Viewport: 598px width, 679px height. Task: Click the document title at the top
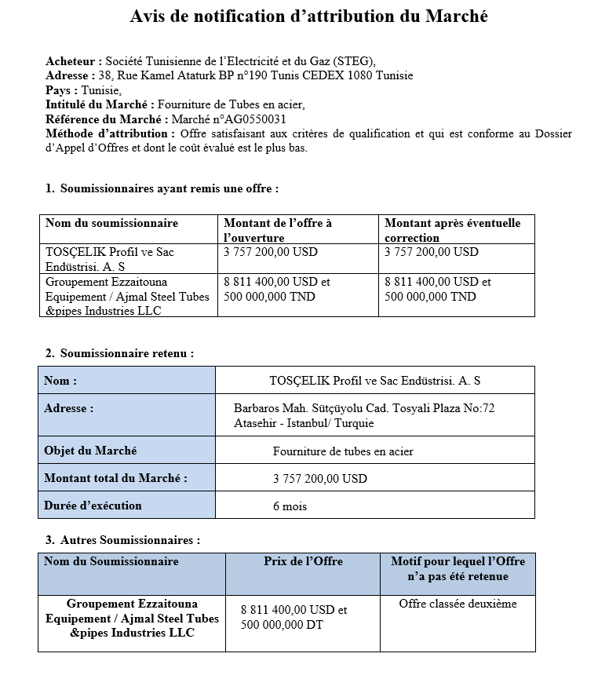pyautogui.click(x=308, y=16)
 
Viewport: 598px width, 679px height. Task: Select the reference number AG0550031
pyautogui.click(x=253, y=119)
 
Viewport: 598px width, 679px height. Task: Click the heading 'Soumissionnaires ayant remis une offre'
pyautogui.click(x=169, y=188)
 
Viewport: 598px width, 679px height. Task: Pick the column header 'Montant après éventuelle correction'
pyautogui.click(x=453, y=230)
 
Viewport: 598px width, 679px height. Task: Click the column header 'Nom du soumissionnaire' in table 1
pyautogui.click(x=111, y=223)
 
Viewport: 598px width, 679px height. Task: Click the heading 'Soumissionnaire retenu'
pyautogui.click(x=126, y=353)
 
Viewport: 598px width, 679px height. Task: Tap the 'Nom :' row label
pyautogui.click(x=60, y=381)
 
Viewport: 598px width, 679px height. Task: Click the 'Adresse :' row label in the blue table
pyautogui.click(x=69, y=408)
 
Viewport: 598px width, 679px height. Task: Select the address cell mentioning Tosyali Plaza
pyautogui.click(x=364, y=415)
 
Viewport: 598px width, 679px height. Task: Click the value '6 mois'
pyautogui.click(x=290, y=506)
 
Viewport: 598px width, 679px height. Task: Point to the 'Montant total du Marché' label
pyautogui.click(x=115, y=478)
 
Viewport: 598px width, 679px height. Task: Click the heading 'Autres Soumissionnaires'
pyautogui.click(x=129, y=540)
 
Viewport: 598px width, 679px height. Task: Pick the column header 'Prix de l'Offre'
pyautogui.click(x=303, y=561)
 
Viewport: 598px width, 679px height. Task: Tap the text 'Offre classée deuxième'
pyautogui.click(x=458, y=604)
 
